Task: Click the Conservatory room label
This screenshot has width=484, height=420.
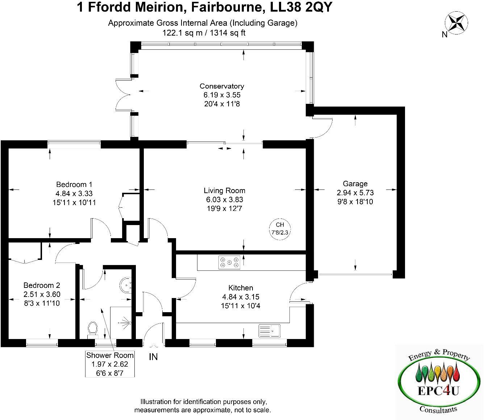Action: (222, 86)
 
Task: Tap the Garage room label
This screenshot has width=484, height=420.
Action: (355, 184)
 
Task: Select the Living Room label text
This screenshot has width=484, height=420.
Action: (224, 191)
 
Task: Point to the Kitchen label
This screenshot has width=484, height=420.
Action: (241, 288)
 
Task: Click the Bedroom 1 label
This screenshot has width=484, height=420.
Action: (74, 184)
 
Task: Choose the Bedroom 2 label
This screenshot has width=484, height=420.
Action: (42, 285)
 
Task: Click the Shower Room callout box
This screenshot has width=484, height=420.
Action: (110, 364)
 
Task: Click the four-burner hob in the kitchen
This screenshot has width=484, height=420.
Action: (229, 262)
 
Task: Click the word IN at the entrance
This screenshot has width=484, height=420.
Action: (154, 357)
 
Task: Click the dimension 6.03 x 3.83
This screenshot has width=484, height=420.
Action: (224, 200)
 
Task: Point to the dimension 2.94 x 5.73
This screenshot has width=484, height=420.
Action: (355, 193)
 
